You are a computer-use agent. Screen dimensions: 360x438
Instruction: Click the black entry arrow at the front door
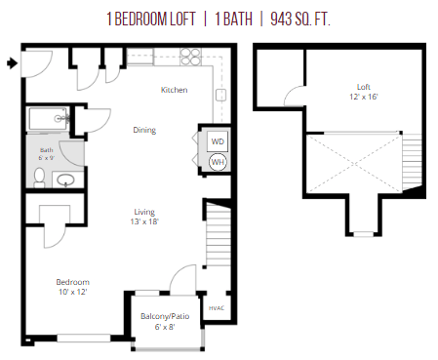[10, 64]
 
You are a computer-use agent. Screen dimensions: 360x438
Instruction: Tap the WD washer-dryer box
[218, 140]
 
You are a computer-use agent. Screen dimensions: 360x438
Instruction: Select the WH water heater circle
[218, 162]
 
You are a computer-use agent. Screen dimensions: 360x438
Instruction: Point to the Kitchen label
[174, 91]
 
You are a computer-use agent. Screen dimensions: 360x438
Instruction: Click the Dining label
[144, 130]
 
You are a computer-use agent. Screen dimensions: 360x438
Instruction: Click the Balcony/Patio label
[162, 316]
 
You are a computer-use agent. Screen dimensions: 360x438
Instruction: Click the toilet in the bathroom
[38, 176]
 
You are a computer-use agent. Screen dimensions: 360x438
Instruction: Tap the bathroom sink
[66, 180]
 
